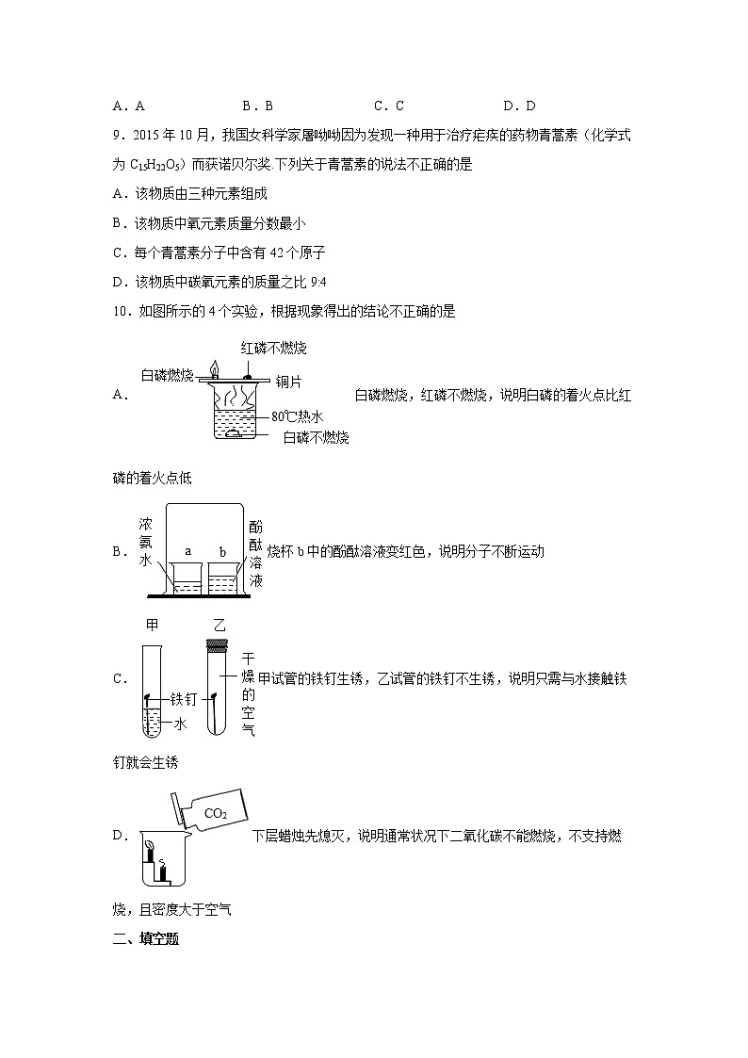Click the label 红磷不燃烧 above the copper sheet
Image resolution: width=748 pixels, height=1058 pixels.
[x=273, y=349]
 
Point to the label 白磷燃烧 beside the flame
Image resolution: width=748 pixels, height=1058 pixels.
[x=168, y=375]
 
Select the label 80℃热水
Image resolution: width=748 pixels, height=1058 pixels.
[x=297, y=415]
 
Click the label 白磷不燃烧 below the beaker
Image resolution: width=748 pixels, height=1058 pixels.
[x=316, y=437]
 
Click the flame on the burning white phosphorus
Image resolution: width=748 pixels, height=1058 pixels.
[x=214, y=368]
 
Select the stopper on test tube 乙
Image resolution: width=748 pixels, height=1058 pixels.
[x=217, y=645]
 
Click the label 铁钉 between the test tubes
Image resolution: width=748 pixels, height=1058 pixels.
[x=183, y=699]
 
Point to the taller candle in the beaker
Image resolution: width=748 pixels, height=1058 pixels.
[x=150, y=855]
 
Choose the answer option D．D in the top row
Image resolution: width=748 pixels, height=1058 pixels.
[x=519, y=106]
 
